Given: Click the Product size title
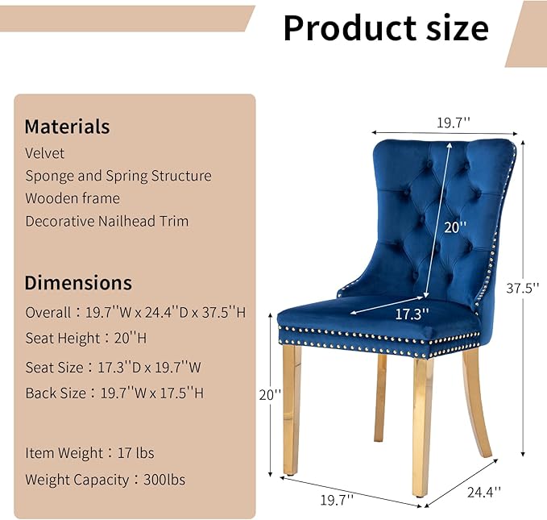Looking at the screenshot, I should click(385, 29).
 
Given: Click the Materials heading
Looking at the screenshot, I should click(67, 127).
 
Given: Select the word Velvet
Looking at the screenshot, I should click(44, 153).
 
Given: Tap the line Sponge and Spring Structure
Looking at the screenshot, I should click(118, 176).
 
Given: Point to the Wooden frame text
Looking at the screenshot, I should click(72, 198).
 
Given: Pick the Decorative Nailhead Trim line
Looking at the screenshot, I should click(106, 221).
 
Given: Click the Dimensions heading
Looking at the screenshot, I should click(78, 283).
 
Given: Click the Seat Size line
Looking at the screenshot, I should click(112, 367).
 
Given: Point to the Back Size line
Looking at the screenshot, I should click(114, 393).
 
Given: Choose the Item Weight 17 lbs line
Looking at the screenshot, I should click(89, 453).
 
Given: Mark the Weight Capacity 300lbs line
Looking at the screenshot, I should click(105, 480).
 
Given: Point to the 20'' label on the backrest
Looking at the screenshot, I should click(455, 228).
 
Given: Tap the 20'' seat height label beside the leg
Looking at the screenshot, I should click(270, 395).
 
